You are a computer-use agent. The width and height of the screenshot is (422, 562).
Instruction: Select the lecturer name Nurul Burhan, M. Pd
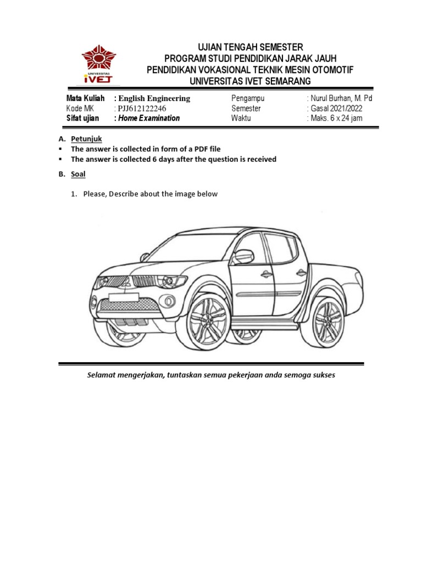point(341,98)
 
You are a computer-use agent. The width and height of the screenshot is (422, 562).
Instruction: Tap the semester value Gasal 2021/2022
point(337,109)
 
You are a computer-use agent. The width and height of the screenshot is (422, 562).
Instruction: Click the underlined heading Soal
point(78,174)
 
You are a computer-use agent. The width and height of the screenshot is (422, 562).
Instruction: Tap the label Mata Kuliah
point(85,98)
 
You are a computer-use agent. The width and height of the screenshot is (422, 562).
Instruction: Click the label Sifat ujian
point(82,119)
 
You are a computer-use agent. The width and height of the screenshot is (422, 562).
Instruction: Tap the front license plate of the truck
point(124,297)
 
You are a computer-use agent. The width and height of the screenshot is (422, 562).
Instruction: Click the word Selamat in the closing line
point(103,376)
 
